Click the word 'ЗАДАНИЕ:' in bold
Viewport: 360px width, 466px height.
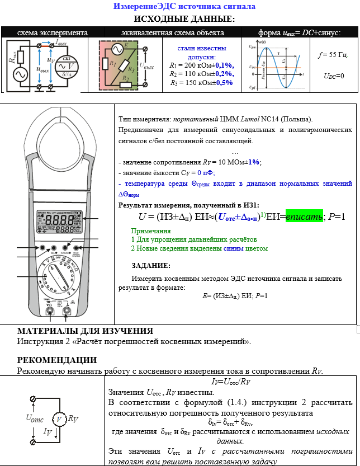click(151, 265)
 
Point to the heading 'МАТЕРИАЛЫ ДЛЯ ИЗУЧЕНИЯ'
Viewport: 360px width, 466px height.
click(85, 331)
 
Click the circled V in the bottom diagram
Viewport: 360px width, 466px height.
click(58, 419)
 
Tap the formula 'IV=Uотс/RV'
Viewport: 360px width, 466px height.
click(231, 382)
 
